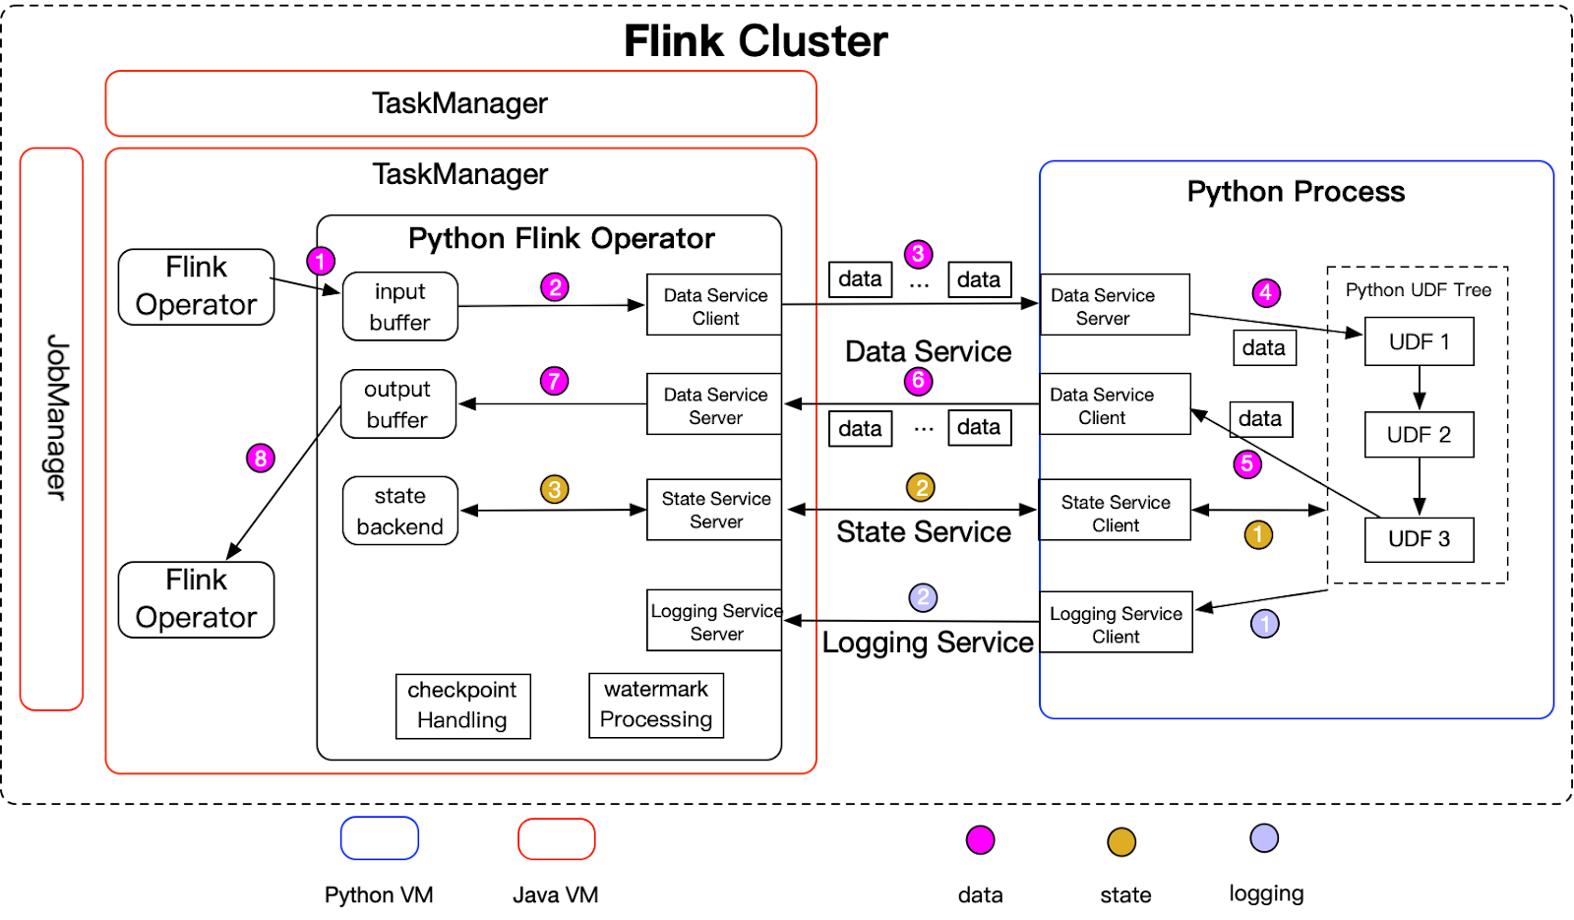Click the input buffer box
click(x=399, y=307)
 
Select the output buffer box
click(x=397, y=404)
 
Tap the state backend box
click(x=399, y=511)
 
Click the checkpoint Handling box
click(x=462, y=705)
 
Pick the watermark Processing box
click(x=656, y=705)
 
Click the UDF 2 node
click(x=1419, y=435)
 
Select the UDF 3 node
click(x=1419, y=539)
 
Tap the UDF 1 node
click(x=1419, y=341)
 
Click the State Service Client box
click(x=1116, y=513)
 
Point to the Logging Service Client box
click(x=1116, y=624)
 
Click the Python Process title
click(x=1296, y=191)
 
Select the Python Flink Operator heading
click(x=561, y=238)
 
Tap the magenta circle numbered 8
click(x=261, y=458)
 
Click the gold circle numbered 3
click(x=555, y=489)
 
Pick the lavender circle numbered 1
click(x=1264, y=624)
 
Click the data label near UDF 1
click(x=1264, y=347)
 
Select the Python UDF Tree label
click(x=1418, y=289)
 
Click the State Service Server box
click(x=715, y=510)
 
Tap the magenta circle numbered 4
click(x=1266, y=292)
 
